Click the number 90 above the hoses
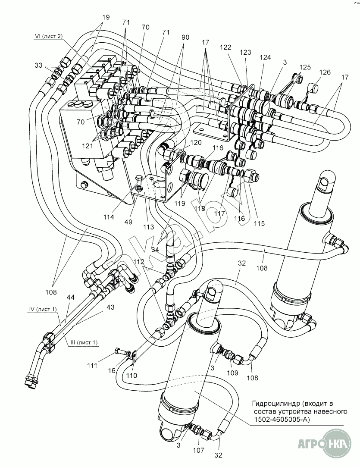(185, 38)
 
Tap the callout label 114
(109, 217)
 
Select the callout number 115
(259, 224)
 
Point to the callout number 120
(196, 143)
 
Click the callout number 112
(139, 262)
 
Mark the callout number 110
(131, 376)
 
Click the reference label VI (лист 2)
(48, 37)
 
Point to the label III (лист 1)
(83, 343)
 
